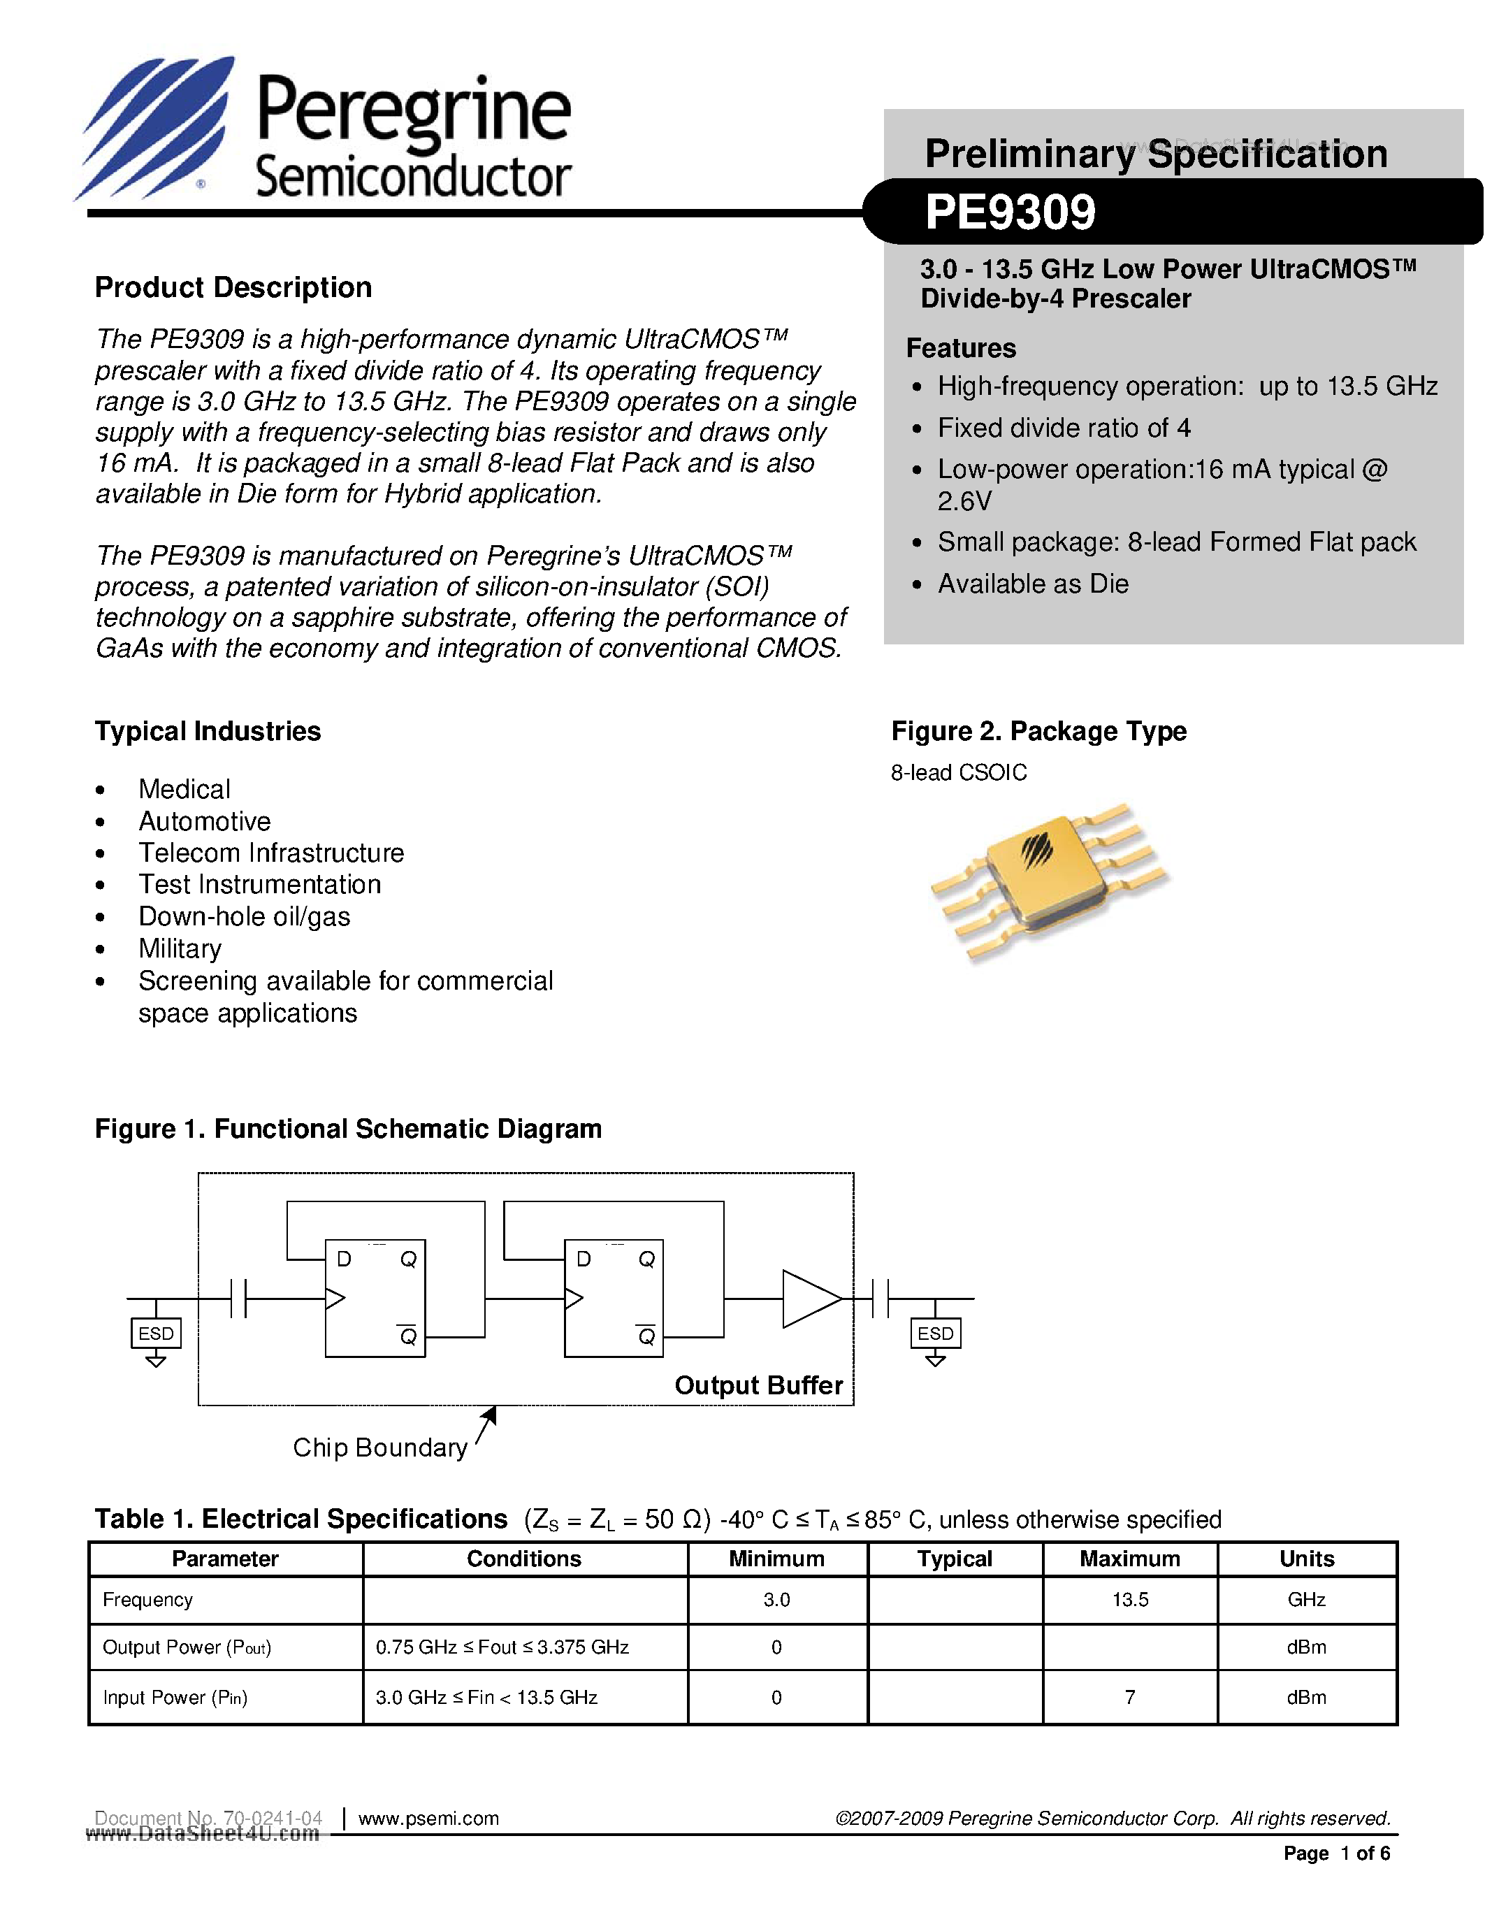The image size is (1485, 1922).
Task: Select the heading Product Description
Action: coord(233,288)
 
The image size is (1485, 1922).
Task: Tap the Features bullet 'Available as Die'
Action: coord(1033,584)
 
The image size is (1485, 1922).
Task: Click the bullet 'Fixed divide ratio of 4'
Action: coord(1064,428)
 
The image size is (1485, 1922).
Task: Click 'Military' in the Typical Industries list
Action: coord(180,948)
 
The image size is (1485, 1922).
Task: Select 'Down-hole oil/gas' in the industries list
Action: coord(244,916)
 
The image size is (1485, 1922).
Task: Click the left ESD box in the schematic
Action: coord(156,1334)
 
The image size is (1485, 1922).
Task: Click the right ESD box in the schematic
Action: coord(935,1334)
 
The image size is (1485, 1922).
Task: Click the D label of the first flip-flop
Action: coord(344,1259)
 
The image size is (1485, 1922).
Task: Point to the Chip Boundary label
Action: coord(379,1447)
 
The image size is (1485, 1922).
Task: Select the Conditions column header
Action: coord(523,1559)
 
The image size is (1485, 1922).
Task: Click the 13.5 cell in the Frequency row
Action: coord(1129,1599)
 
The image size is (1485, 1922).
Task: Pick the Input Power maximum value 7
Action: coord(1129,1697)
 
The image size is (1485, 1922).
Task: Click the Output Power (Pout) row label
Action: coord(187,1647)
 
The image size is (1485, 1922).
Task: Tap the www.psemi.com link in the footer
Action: coord(428,1818)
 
